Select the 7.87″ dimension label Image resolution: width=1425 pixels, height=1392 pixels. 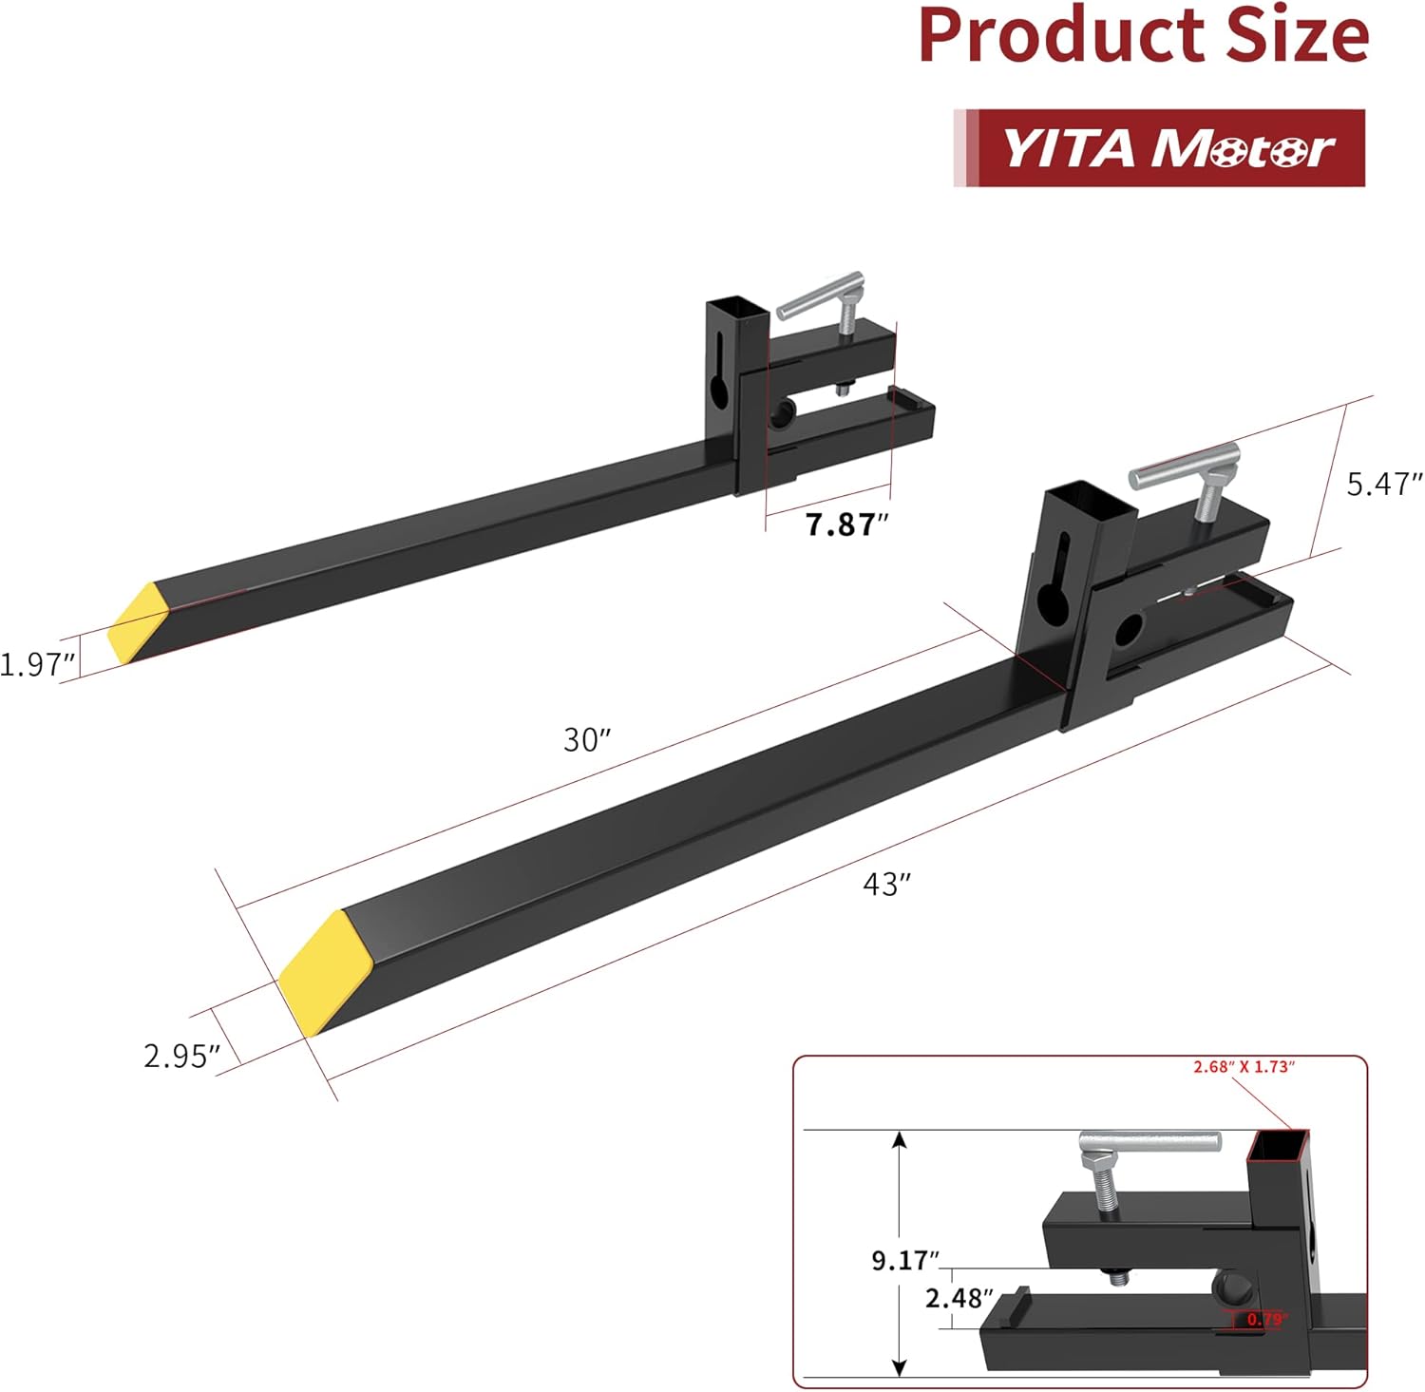pyautogui.click(x=845, y=524)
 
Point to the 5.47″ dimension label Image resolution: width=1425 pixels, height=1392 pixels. pyautogui.click(x=1383, y=484)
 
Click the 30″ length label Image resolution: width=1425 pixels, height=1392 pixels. pyautogui.click(x=586, y=739)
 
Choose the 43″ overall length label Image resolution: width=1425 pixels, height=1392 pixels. pyautogui.click(x=885, y=884)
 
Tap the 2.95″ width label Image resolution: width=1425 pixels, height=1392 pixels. pyautogui.click(x=181, y=1056)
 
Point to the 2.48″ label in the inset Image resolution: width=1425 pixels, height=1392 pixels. pyautogui.click(x=959, y=1297)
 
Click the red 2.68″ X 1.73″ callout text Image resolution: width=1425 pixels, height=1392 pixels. pyautogui.click(x=1244, y=1067)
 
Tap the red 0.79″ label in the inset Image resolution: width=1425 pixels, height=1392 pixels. pyautogui.click(x=1264, y=1319)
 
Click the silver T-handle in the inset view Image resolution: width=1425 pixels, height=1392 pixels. pyautogui.click(x=1149, y=1143)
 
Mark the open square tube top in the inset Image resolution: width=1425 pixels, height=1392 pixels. pyautogui.click(x=1277, y=1147)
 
